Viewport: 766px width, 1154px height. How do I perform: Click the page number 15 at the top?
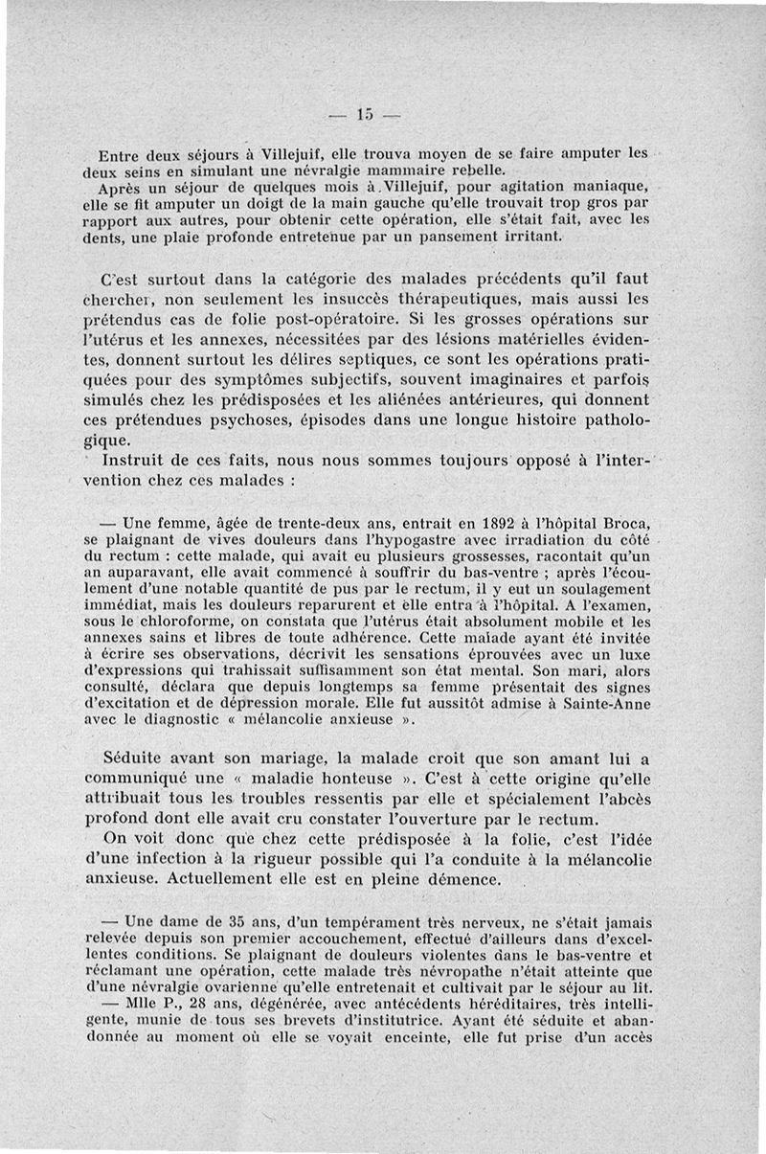pyautogui.click(x=364, y=116)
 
